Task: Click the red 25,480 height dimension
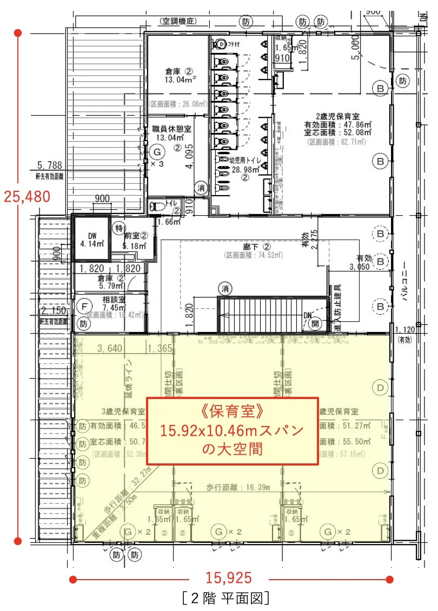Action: coord(26,196)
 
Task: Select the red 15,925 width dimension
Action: coord(229,578)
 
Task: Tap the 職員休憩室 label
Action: coord(172,129)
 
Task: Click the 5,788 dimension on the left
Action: coord(50,165)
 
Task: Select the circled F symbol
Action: coord(84,306)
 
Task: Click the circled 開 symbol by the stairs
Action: coord(315,324)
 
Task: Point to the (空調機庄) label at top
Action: coord(181,22)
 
